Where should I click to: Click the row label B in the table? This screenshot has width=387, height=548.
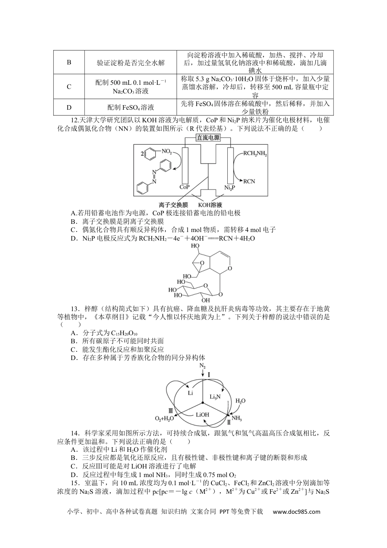click(x=69, y=62)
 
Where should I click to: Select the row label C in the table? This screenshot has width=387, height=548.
click(x=69, y=86)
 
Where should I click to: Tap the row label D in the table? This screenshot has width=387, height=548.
click(x=69, y=108)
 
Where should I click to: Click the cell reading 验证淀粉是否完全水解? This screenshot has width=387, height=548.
click(x=131, y=62)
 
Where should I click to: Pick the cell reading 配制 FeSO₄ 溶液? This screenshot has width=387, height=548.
click(x=131, y=108)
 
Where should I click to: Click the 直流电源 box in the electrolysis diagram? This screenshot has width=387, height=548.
click(x=208, y=138)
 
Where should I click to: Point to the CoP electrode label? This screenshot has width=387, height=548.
click(x=185, y=188)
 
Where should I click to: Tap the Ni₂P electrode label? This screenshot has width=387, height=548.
click(x=230, y=188)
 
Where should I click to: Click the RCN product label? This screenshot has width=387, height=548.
click(x=249, y=181)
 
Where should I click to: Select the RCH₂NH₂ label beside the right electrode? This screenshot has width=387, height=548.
click(x=255, y=154)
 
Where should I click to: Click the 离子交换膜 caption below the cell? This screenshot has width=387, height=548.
click(x=172, y=205)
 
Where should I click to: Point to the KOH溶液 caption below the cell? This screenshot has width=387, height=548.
click(x=210, y=205)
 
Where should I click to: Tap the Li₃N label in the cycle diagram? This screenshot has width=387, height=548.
click(x=215, y=396)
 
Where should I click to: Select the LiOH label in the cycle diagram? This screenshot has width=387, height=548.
click(x=202, y=415)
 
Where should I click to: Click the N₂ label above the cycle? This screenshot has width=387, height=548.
click(x=202, y=366)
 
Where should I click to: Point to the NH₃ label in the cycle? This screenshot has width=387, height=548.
click(x=237, y=418)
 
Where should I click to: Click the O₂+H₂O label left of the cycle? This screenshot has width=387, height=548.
click(x=165, y=418)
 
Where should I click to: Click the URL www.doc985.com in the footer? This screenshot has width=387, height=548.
click(x=296, y=512)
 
